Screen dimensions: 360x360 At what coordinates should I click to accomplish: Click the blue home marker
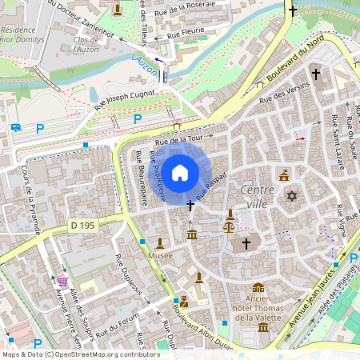180,173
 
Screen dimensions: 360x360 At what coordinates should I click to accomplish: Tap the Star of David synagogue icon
292,196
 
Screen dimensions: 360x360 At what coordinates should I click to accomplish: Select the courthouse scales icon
230,225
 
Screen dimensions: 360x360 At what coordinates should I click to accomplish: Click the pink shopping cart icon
62,282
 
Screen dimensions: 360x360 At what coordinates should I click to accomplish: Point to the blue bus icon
16,127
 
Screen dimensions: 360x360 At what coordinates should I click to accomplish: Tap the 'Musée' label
160,254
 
